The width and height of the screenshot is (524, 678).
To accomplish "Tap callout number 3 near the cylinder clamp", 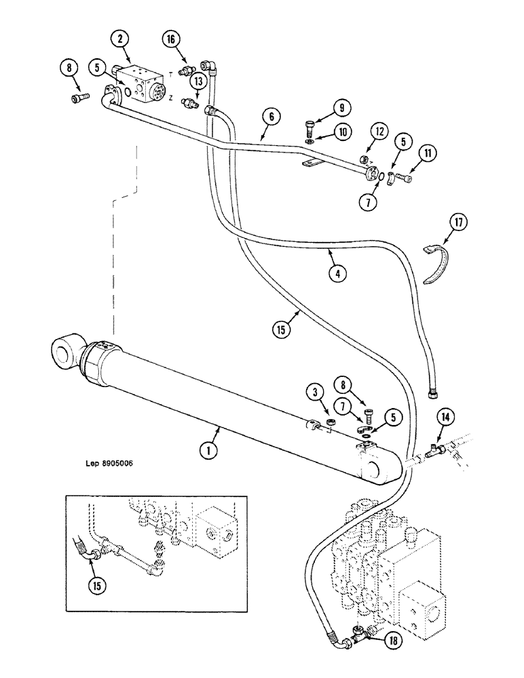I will [x=313, y=391].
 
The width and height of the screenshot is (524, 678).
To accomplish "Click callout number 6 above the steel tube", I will [x=270, y=117].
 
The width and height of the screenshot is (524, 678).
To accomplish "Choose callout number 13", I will [x=198, y=81].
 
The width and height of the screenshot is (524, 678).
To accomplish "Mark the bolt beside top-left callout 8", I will [x=78, y=100].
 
